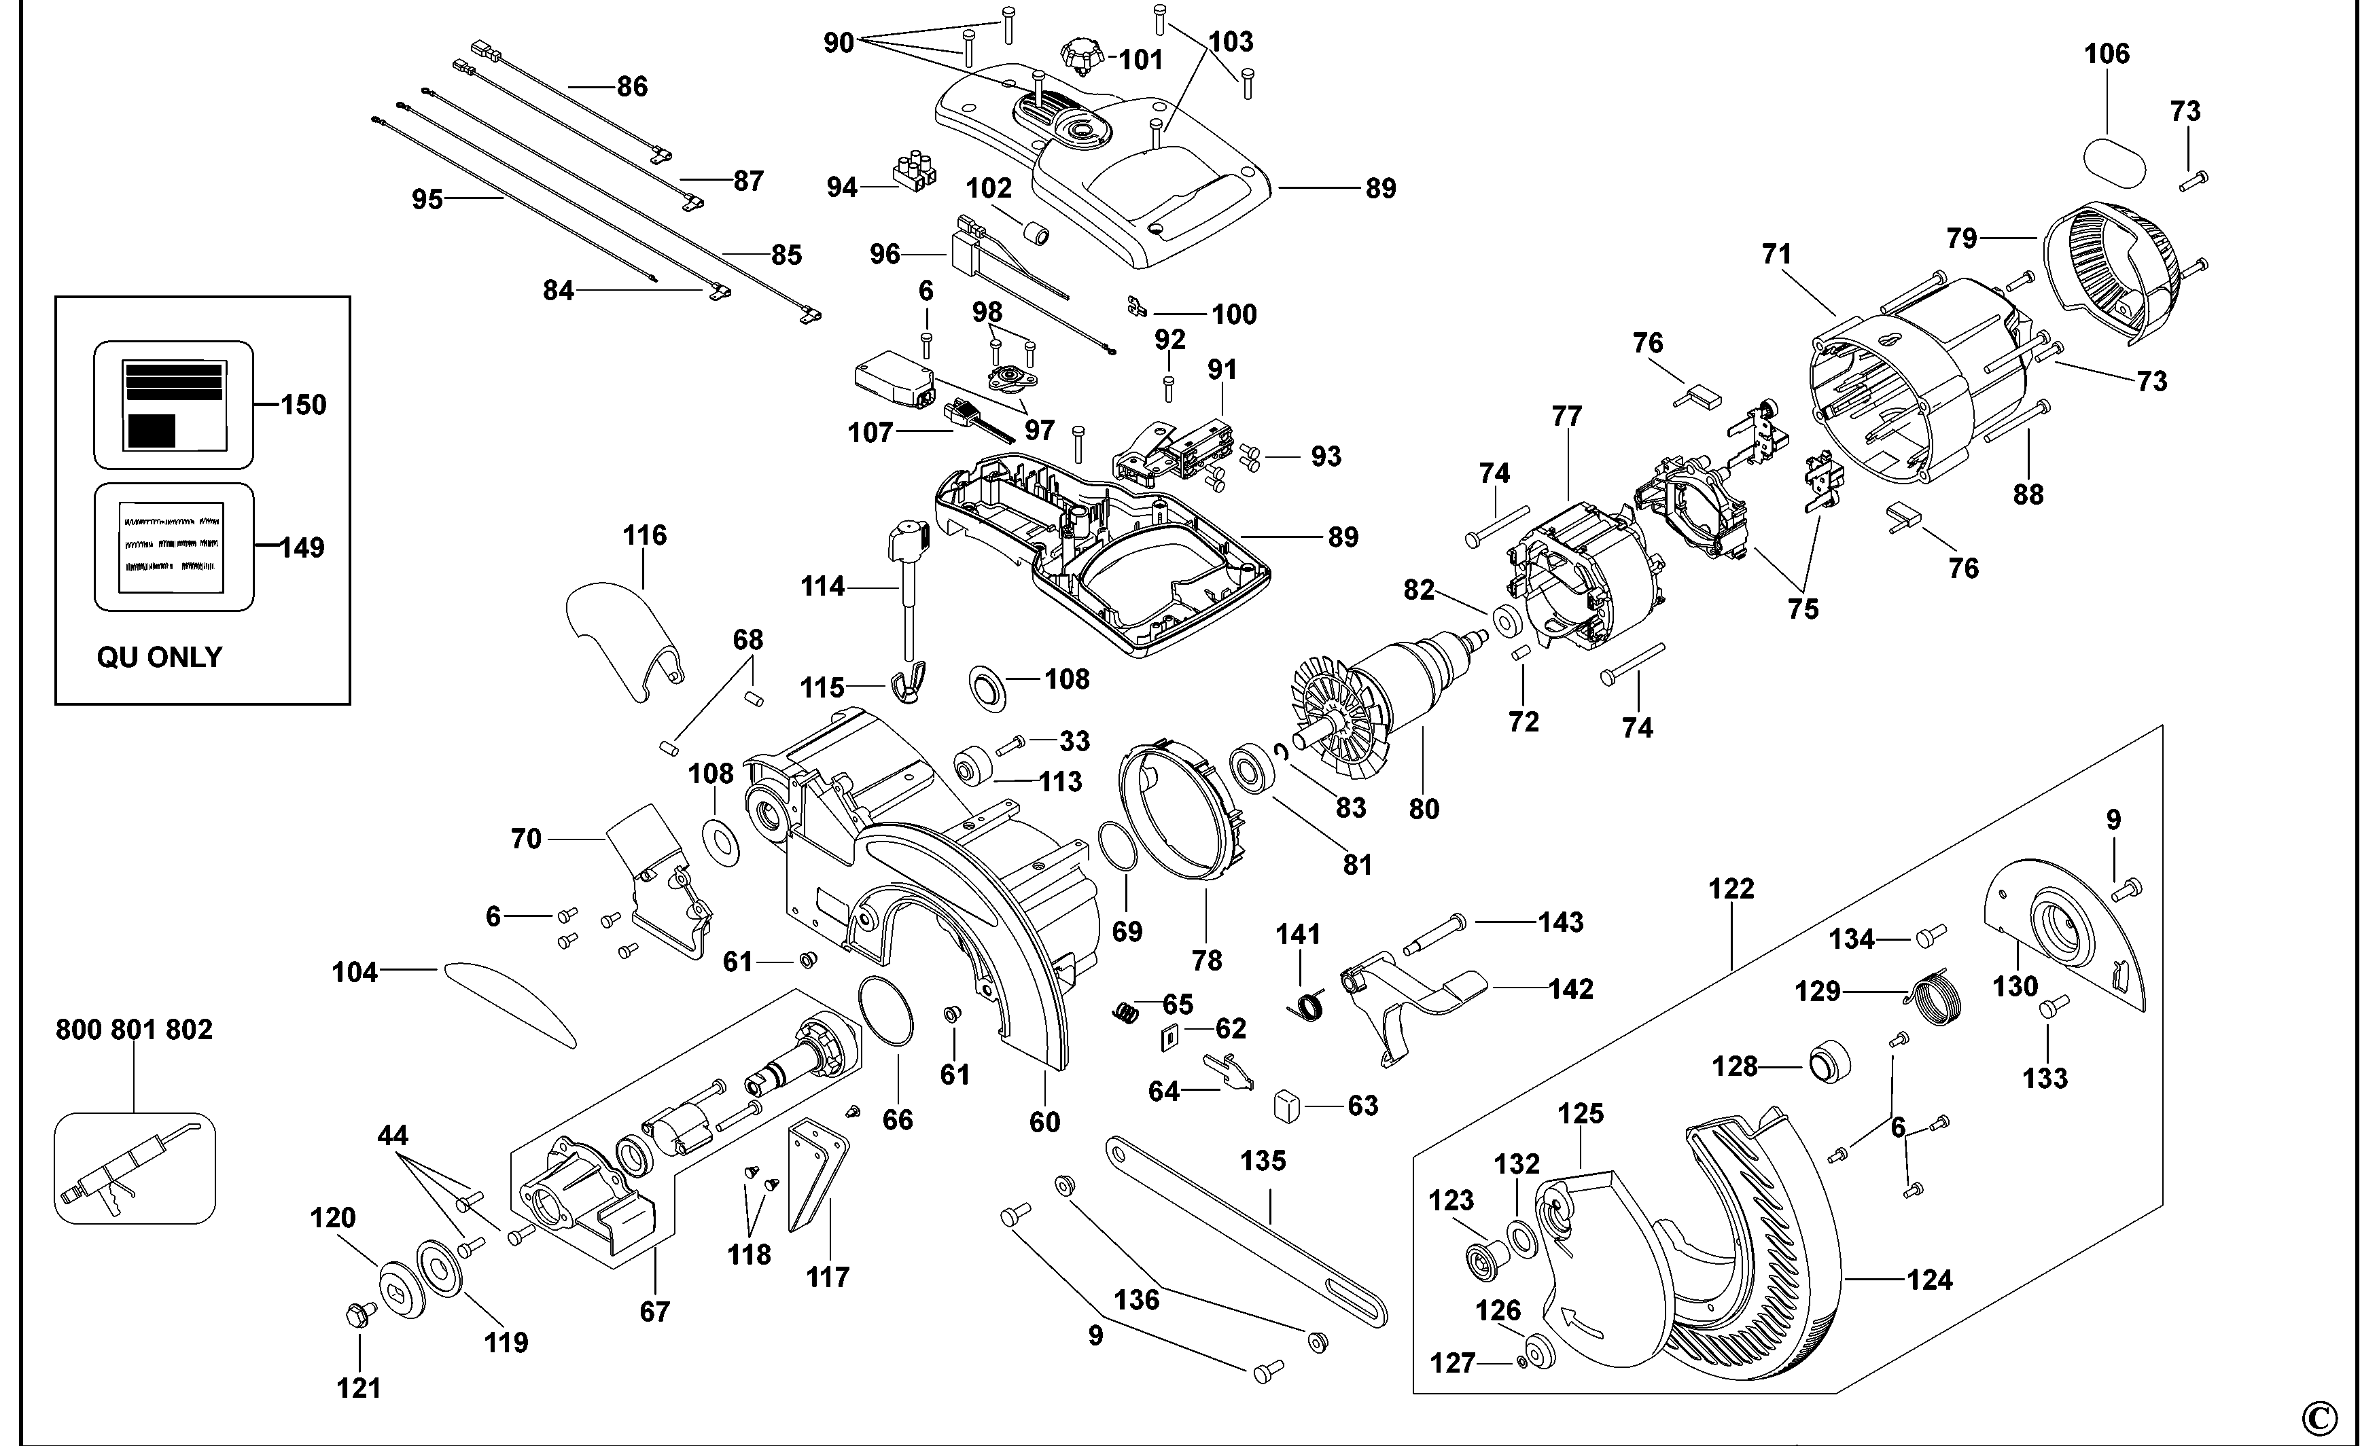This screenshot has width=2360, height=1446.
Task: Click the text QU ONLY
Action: click(159, 657)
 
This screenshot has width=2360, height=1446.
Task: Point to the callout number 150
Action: click(304, 405)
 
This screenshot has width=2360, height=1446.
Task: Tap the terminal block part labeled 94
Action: click(914, 173)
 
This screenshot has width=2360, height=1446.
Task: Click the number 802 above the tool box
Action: click(189, 1030)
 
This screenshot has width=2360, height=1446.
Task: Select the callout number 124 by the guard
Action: click(1929, 1280)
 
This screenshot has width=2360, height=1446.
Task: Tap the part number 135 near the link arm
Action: click(1263, 1161)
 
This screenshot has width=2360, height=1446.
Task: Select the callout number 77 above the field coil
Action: click(1567, 416)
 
